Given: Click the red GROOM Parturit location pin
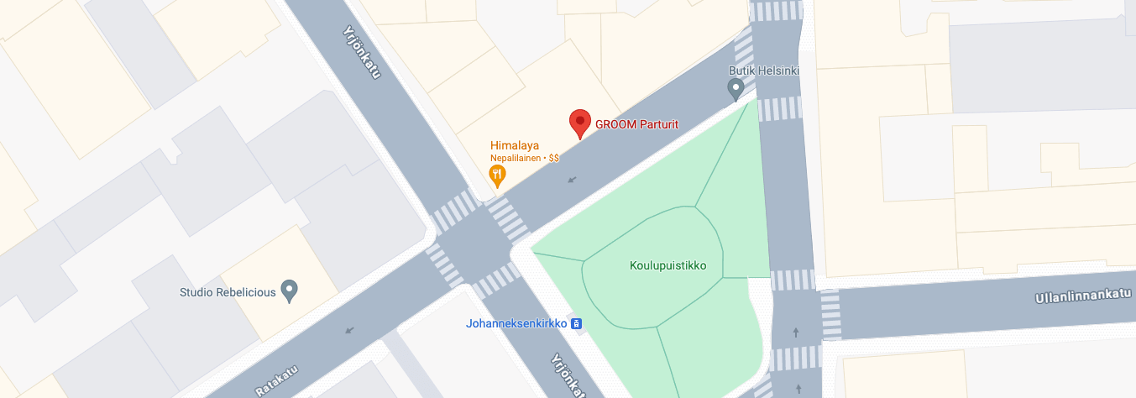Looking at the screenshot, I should (x=579, y=123).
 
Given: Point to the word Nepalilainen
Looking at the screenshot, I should (x=516, y=157).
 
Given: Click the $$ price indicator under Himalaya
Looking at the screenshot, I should (x=554, y=157).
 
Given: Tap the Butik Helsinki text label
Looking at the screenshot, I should (x=762, y=70).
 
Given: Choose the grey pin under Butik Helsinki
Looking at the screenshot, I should (x=736, y=88).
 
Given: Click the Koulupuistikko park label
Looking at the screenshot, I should (x=667, y=265).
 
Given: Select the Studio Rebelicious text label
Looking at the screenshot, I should (x=228, y=292).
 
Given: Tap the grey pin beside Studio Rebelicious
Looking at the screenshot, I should (x=290, y=291).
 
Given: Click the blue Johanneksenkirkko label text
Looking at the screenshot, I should (x=516, y=323).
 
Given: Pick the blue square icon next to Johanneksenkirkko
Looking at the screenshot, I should (x=577, y=323).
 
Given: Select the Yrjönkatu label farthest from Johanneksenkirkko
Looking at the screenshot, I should (x=362, y=52).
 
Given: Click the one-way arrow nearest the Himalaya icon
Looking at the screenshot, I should (x=573, y=179).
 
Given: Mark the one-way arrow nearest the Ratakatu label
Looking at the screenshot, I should (x=349, y=330).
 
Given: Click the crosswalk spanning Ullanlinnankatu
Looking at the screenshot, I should (x=830, y=315).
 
